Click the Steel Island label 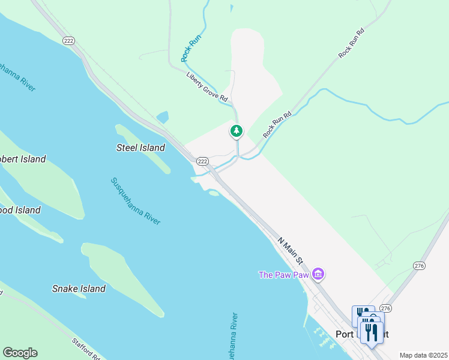tap(140, 148)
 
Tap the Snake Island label tap(79, 289)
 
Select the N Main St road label tap(292, 250)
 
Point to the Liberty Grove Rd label tap(207, 88)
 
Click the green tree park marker tap(237, 131)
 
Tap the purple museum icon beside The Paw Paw tap(318, 275)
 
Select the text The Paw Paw tap(283, 275)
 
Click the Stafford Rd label tap(86, 349)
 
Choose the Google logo tap(20, 353)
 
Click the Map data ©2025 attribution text tap(423, 355)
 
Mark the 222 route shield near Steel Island tap(202, 161)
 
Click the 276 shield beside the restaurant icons tap(385, 308)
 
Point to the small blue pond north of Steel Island tap(162, 117)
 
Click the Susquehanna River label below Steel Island tap(136, 201)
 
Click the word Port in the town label tap(345, 334)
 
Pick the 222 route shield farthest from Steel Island tap(67, 39)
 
